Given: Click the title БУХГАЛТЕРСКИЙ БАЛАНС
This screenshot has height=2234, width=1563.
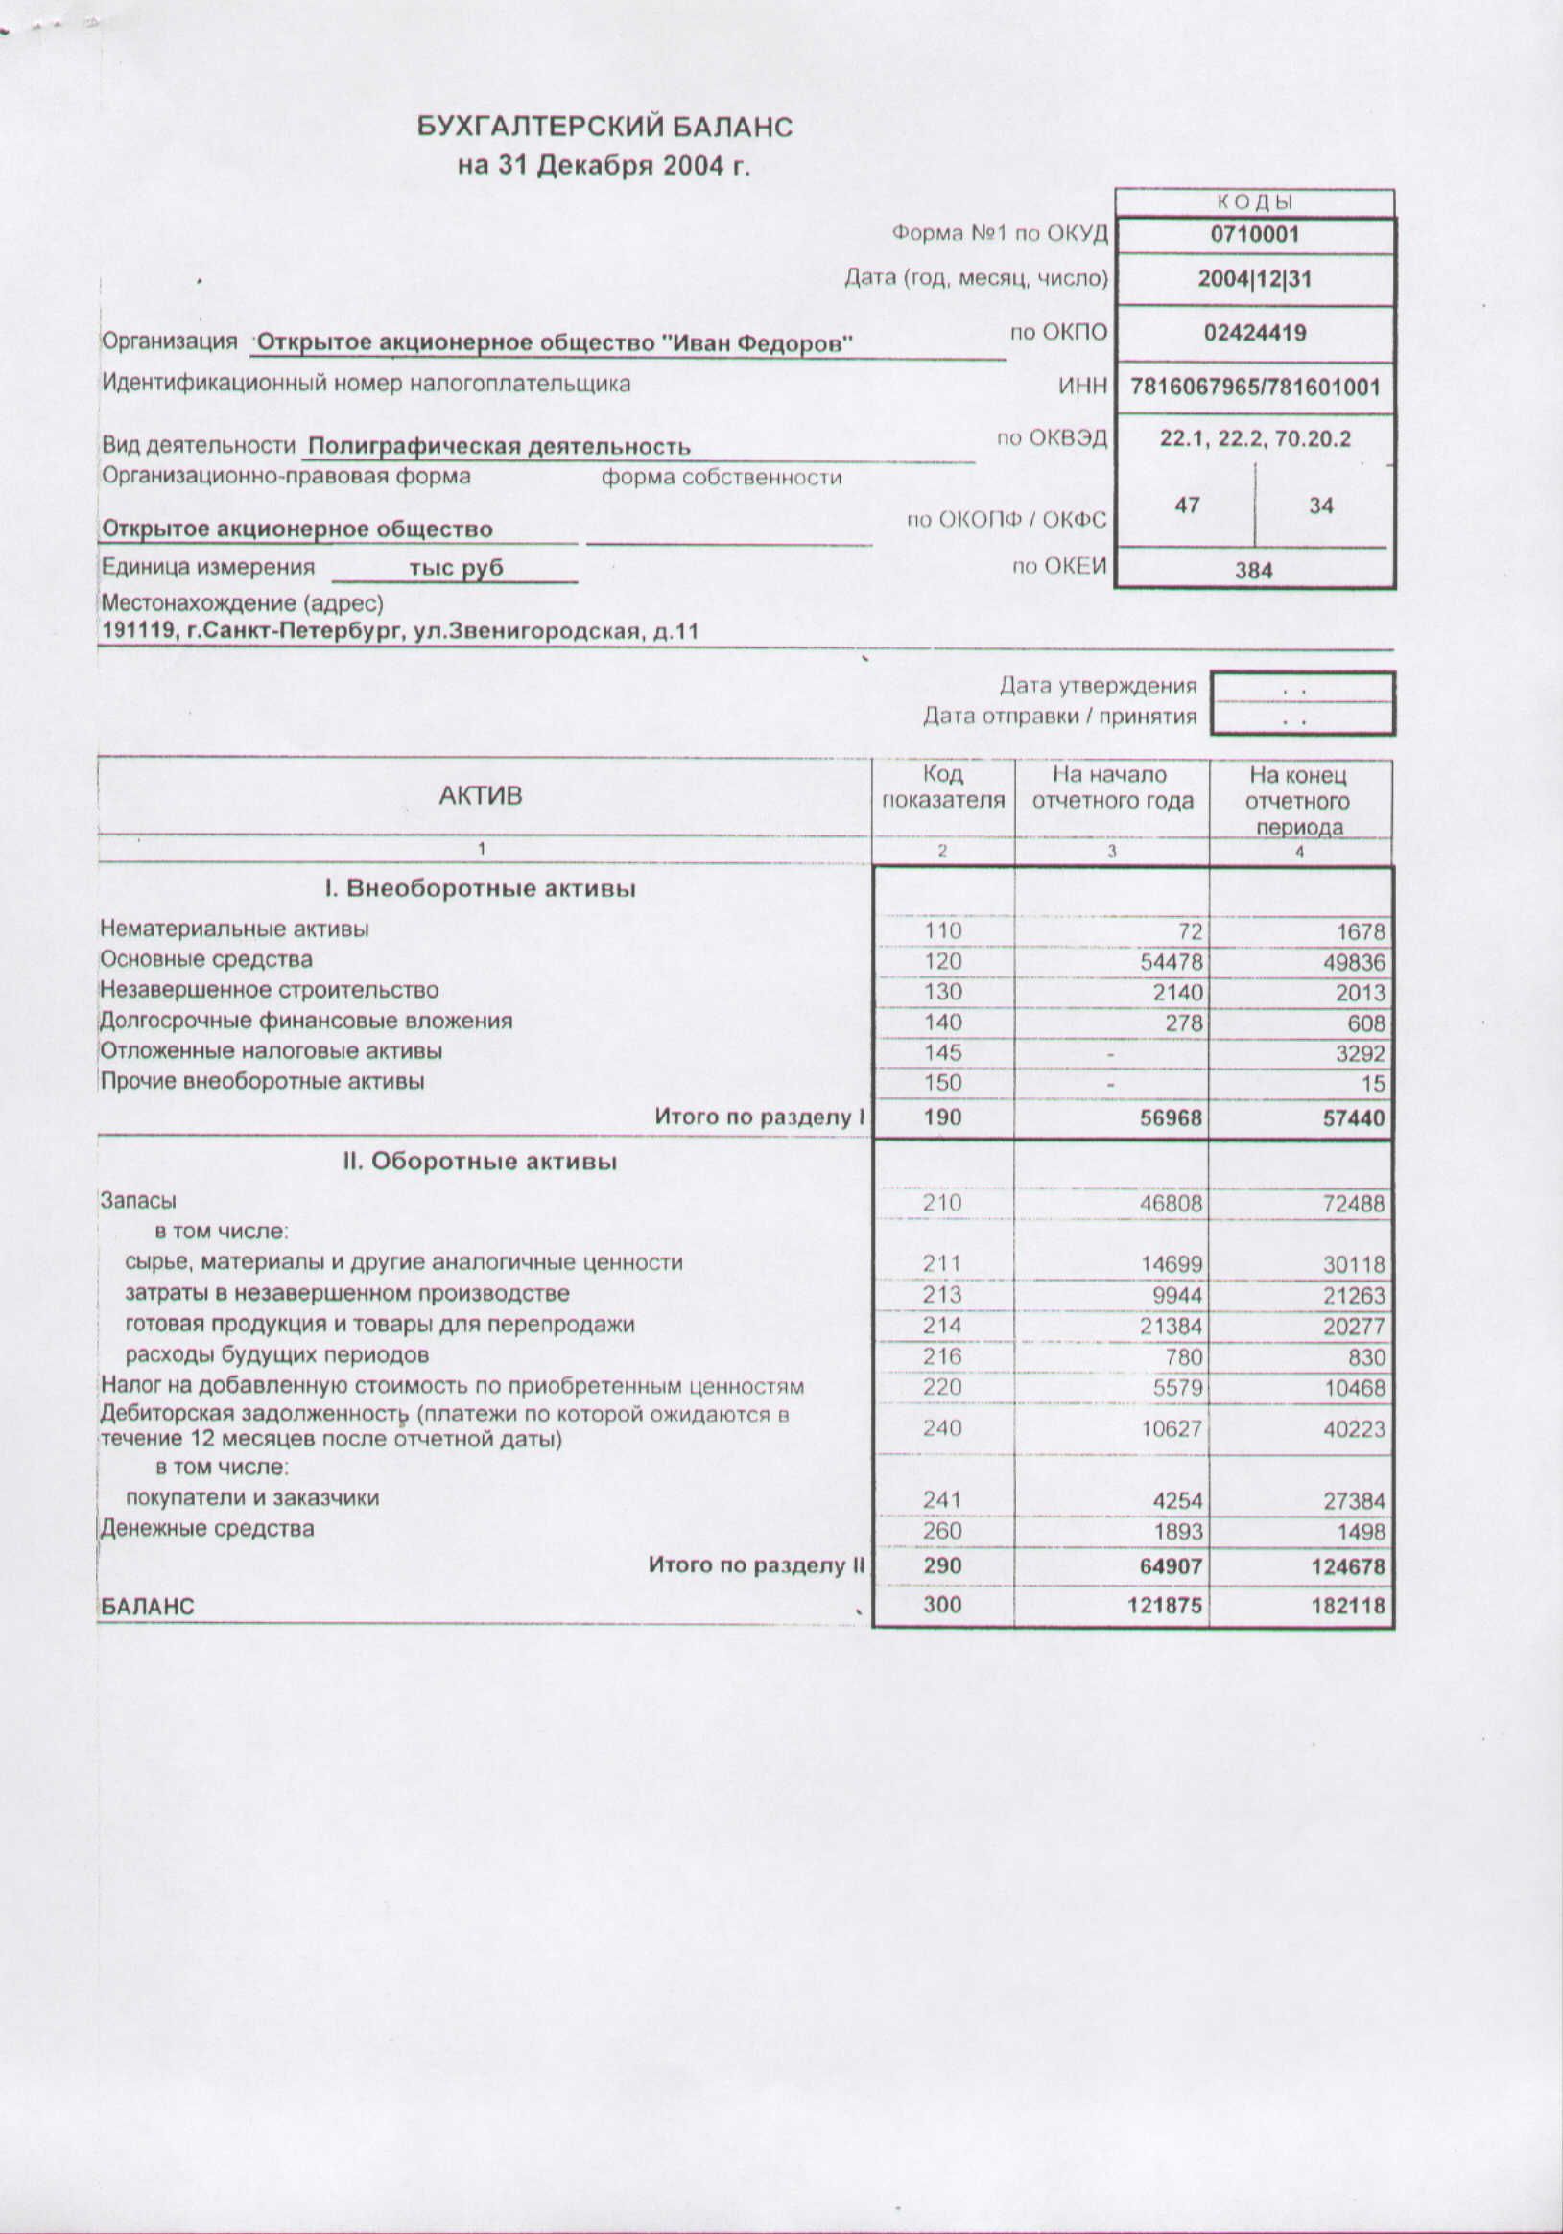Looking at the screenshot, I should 604,127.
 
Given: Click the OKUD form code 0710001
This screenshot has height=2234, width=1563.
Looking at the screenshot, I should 1254,234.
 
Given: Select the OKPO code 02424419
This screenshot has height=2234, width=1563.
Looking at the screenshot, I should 1254,334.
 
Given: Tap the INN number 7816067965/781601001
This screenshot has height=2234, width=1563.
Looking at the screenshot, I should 1254,388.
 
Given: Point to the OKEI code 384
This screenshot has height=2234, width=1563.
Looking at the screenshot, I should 1253,571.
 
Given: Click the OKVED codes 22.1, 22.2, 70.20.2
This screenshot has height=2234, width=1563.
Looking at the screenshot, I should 1254,438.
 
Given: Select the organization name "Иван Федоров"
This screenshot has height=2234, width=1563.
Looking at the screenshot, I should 555,343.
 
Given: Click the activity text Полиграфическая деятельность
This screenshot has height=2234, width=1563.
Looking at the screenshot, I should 499,447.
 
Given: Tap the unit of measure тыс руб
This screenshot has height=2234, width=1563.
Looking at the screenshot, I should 456,567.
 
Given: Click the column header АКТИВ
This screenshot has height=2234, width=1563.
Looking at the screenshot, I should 481,796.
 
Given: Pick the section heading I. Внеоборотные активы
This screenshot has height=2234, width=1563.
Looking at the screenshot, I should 481,888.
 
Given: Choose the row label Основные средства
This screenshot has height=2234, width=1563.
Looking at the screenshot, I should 206,959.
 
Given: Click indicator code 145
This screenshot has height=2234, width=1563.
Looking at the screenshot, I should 943,1053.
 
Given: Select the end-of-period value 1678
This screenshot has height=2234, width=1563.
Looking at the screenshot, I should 1360,932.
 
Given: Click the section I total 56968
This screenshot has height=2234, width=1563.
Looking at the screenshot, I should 1171,1119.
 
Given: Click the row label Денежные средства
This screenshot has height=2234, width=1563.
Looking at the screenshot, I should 207,1529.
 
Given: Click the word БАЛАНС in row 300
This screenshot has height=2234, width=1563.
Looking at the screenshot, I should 147,1607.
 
